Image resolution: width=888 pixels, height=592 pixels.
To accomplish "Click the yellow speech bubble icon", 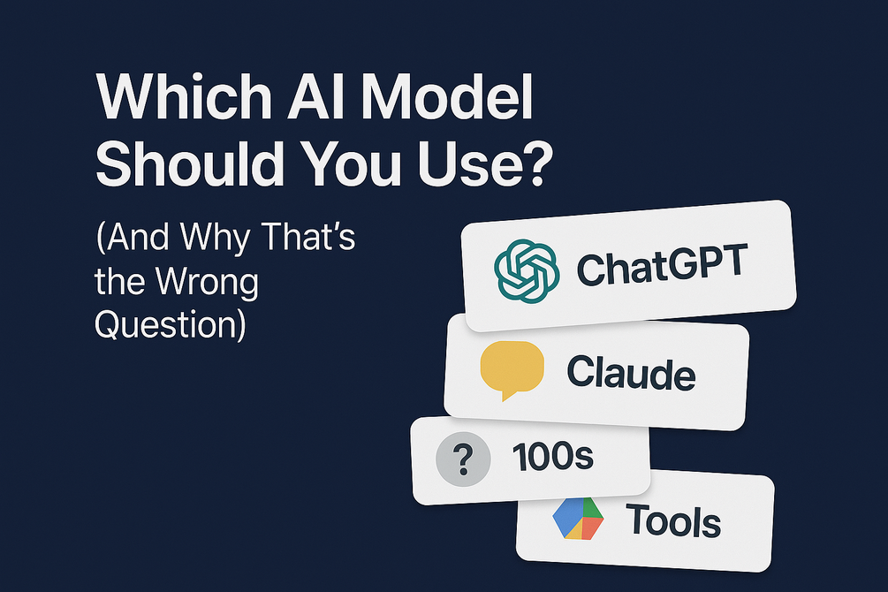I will [x=511, y=368].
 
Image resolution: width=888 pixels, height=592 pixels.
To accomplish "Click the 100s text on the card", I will [x=551, y=458].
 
